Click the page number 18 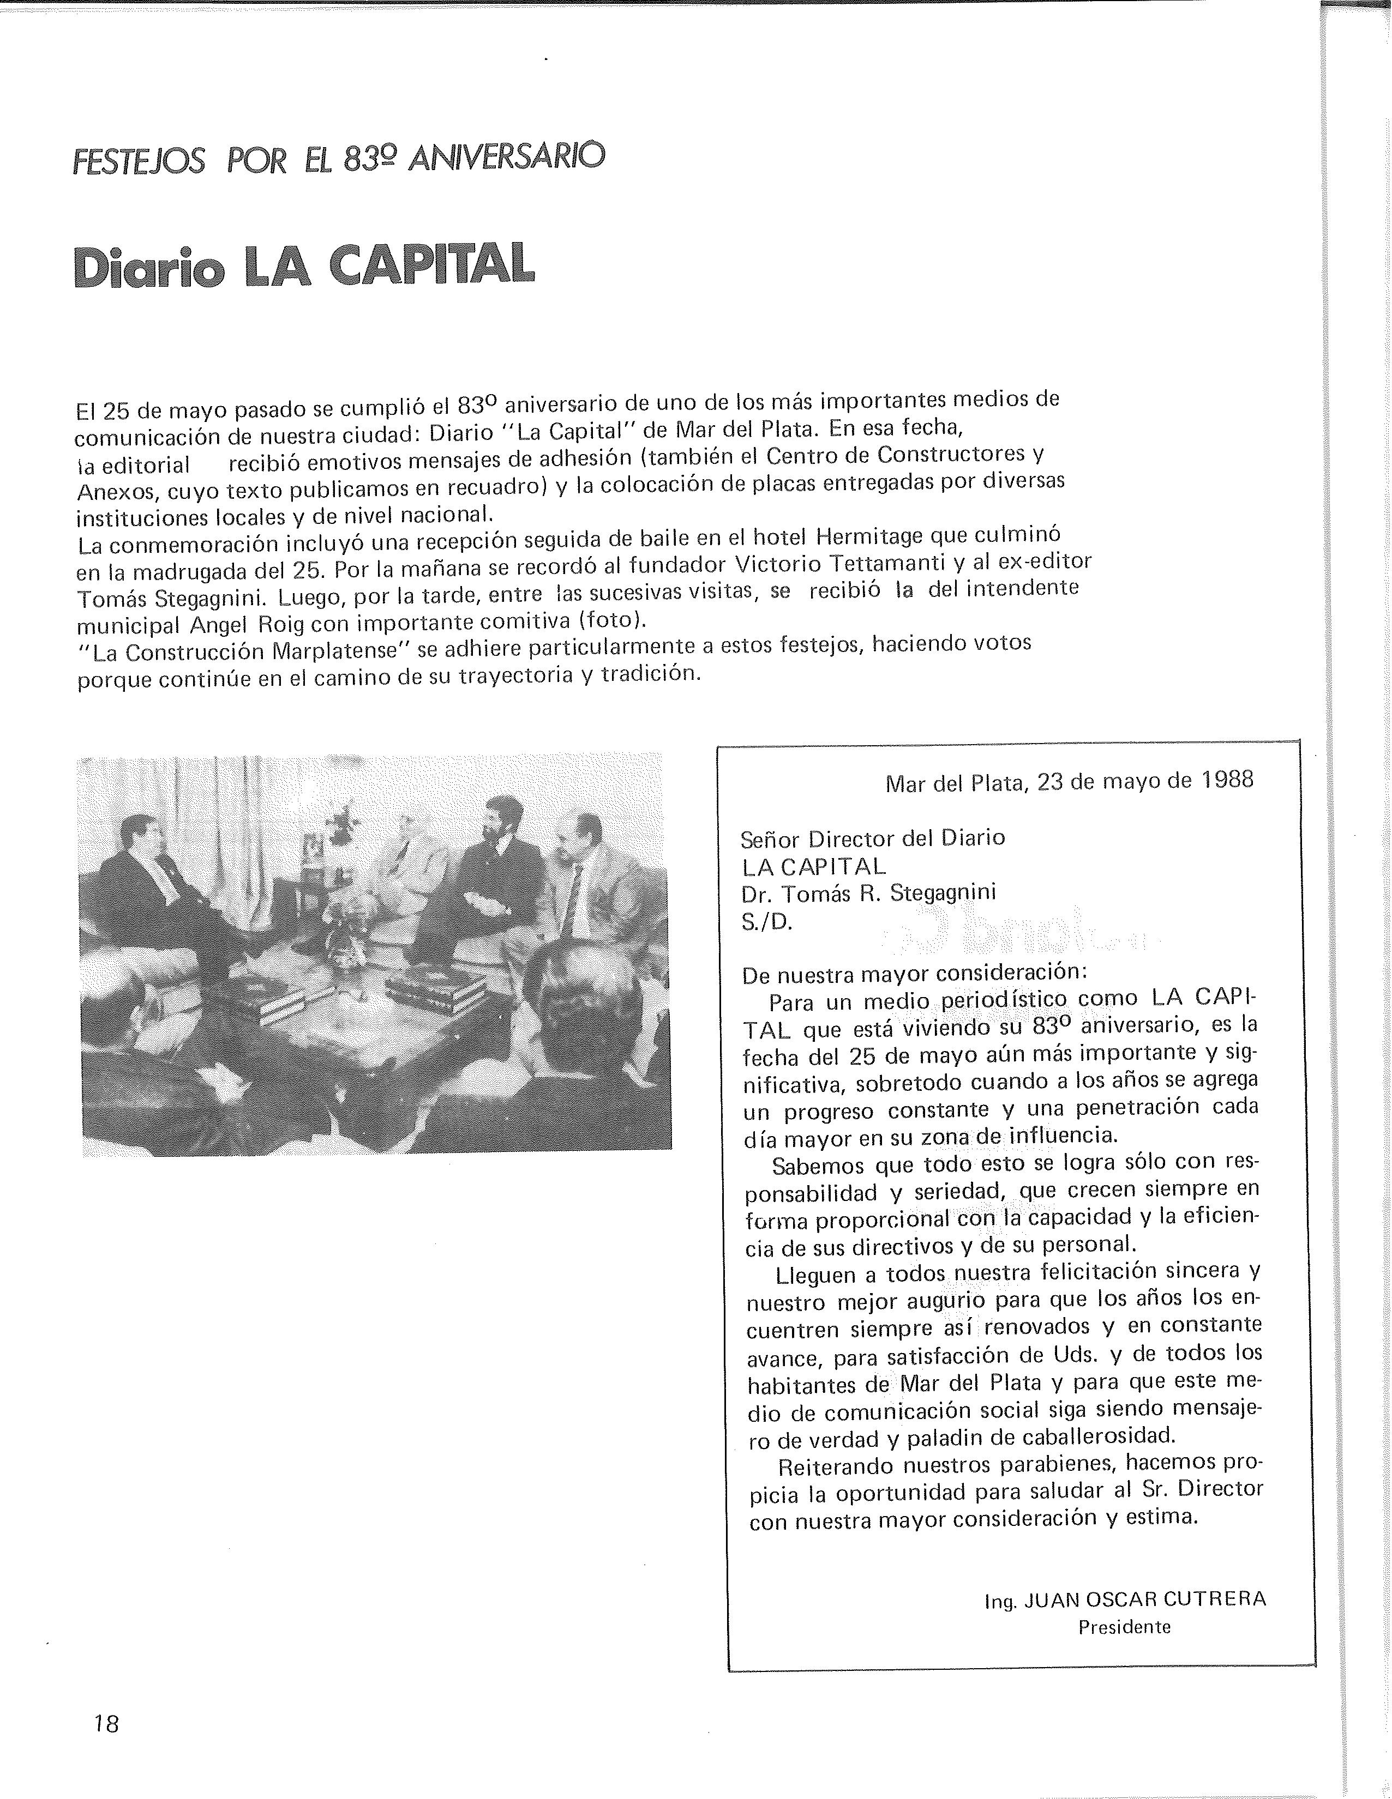coord(107,1724)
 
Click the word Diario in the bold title coord(148,269)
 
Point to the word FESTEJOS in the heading coord(139,161)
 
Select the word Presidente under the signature coord(1124,1627)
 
